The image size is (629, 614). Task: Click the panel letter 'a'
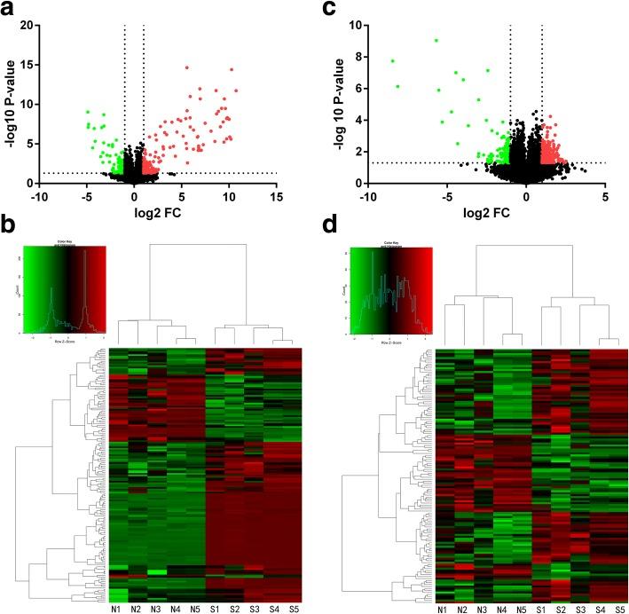[x=10, y=10]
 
